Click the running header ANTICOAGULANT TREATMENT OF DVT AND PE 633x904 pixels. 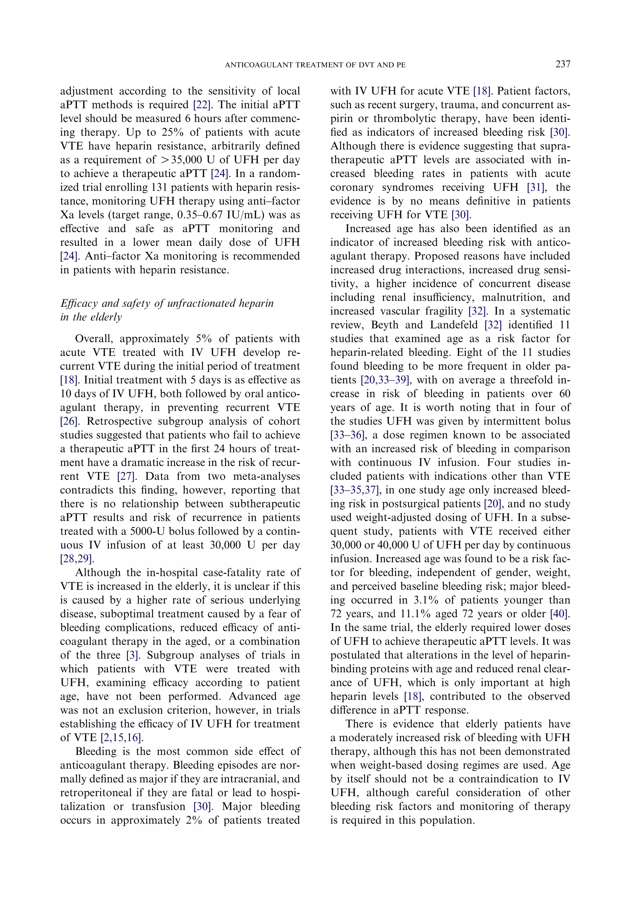[315, 65]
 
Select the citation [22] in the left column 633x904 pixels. [202, 105]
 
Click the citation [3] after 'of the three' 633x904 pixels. [132, 655]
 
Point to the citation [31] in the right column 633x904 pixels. [536, 188]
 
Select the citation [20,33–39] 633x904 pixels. [386, 380]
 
